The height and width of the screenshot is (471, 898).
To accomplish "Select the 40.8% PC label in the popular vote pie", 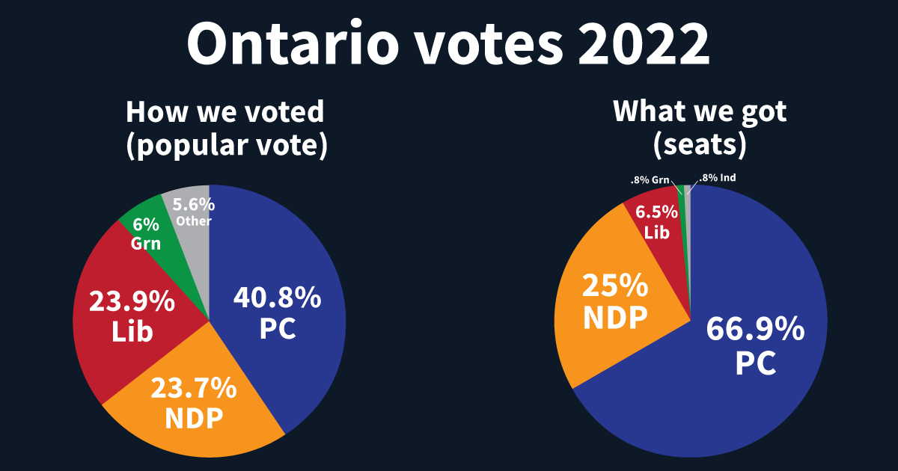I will (x=278, y=313).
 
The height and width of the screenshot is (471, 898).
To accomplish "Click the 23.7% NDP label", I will (x=194, y=403).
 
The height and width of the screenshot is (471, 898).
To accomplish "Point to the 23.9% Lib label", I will (x=132, y=316).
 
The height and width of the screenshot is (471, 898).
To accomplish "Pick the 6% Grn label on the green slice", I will (x=147, y=234).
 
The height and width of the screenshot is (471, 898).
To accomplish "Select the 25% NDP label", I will (x=615, y=301).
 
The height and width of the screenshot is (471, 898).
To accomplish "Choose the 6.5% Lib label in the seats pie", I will (x=656, y=221).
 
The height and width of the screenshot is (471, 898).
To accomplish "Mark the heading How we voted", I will (x=225, y=112).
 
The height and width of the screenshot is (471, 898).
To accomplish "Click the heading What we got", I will (x=700, y=112).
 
